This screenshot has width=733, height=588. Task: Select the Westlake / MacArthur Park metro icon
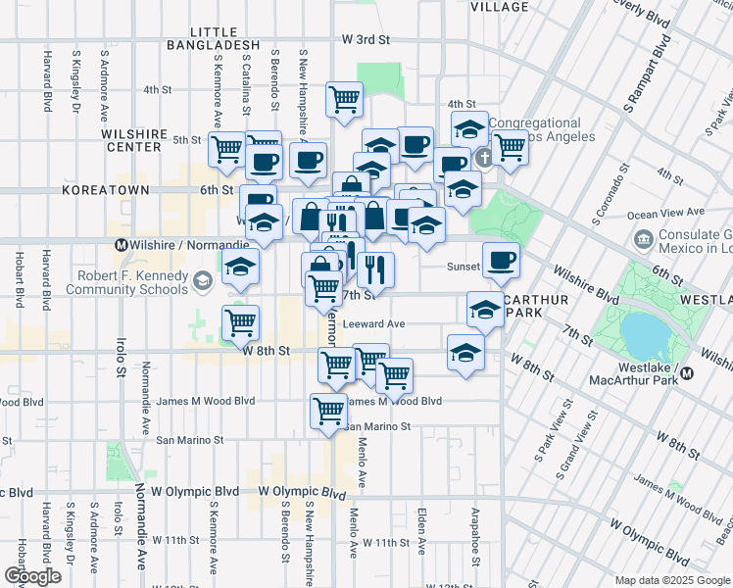click(x=687, y=372)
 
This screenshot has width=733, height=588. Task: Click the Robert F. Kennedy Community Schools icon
click(x=202, y=282)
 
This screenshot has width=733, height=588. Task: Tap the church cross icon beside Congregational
click(x=483, y=159)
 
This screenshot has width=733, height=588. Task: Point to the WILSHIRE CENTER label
click(x=131, y=139)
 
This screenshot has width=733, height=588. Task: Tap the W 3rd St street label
click(x=366, y=39)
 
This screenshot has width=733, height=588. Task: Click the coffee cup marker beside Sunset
click(x=501, y=260)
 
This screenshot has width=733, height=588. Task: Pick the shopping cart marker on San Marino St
click(x=328, y=411)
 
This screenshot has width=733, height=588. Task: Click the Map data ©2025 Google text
click(x=671, y=580)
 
